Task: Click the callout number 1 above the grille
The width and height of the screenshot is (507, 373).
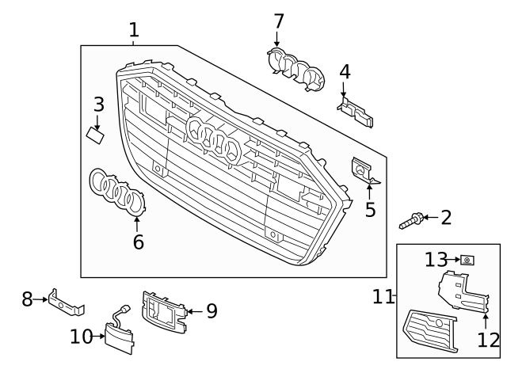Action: [134, 30]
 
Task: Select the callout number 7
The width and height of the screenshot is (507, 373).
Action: [278, 21]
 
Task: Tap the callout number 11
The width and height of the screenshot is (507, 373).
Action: [383, 297]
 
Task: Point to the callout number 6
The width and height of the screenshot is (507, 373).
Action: [139, 242]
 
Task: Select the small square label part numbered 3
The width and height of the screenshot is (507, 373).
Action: [96, 135]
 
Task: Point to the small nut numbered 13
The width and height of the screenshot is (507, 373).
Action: [468, 260]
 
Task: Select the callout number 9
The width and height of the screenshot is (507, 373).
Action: [211, 311]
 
